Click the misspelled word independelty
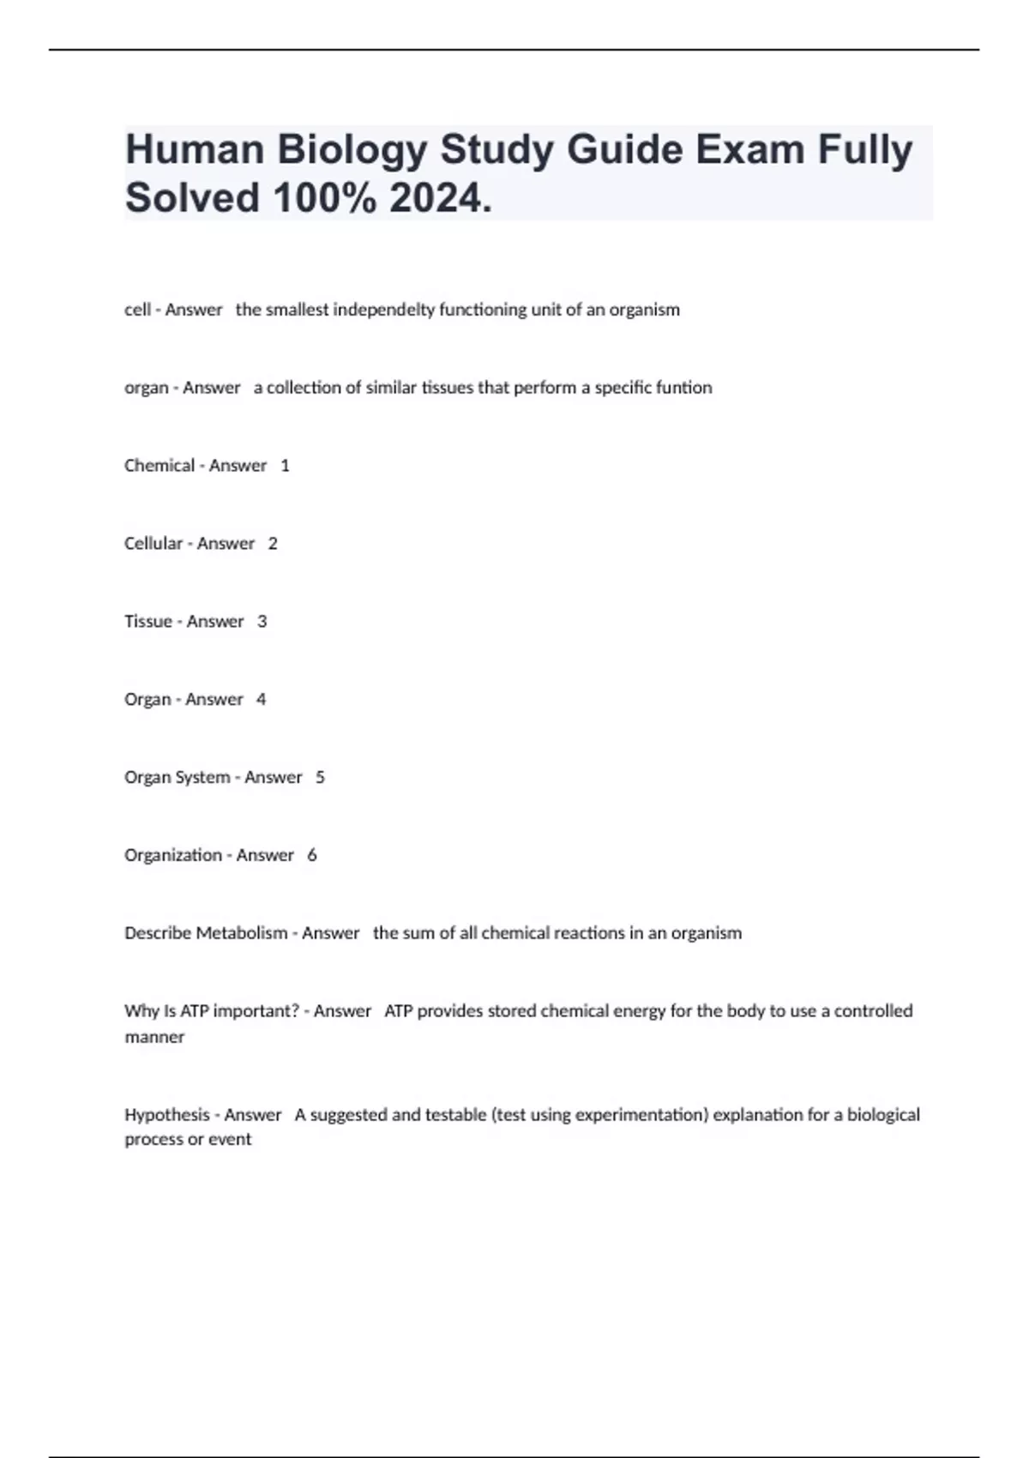[x=383, y=310]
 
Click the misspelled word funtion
[x=683, y=388]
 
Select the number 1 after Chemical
[x=285, y=466]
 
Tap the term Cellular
[x=153, y=544]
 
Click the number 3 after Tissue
[x=262, y=622]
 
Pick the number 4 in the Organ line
[x=262, y=700]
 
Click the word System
[x=203, y=778]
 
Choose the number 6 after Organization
[x=312, y=855]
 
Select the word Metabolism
[x=242, y=933]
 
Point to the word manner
[x=154, y=1037]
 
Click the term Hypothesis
[x=167, y=1115]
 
